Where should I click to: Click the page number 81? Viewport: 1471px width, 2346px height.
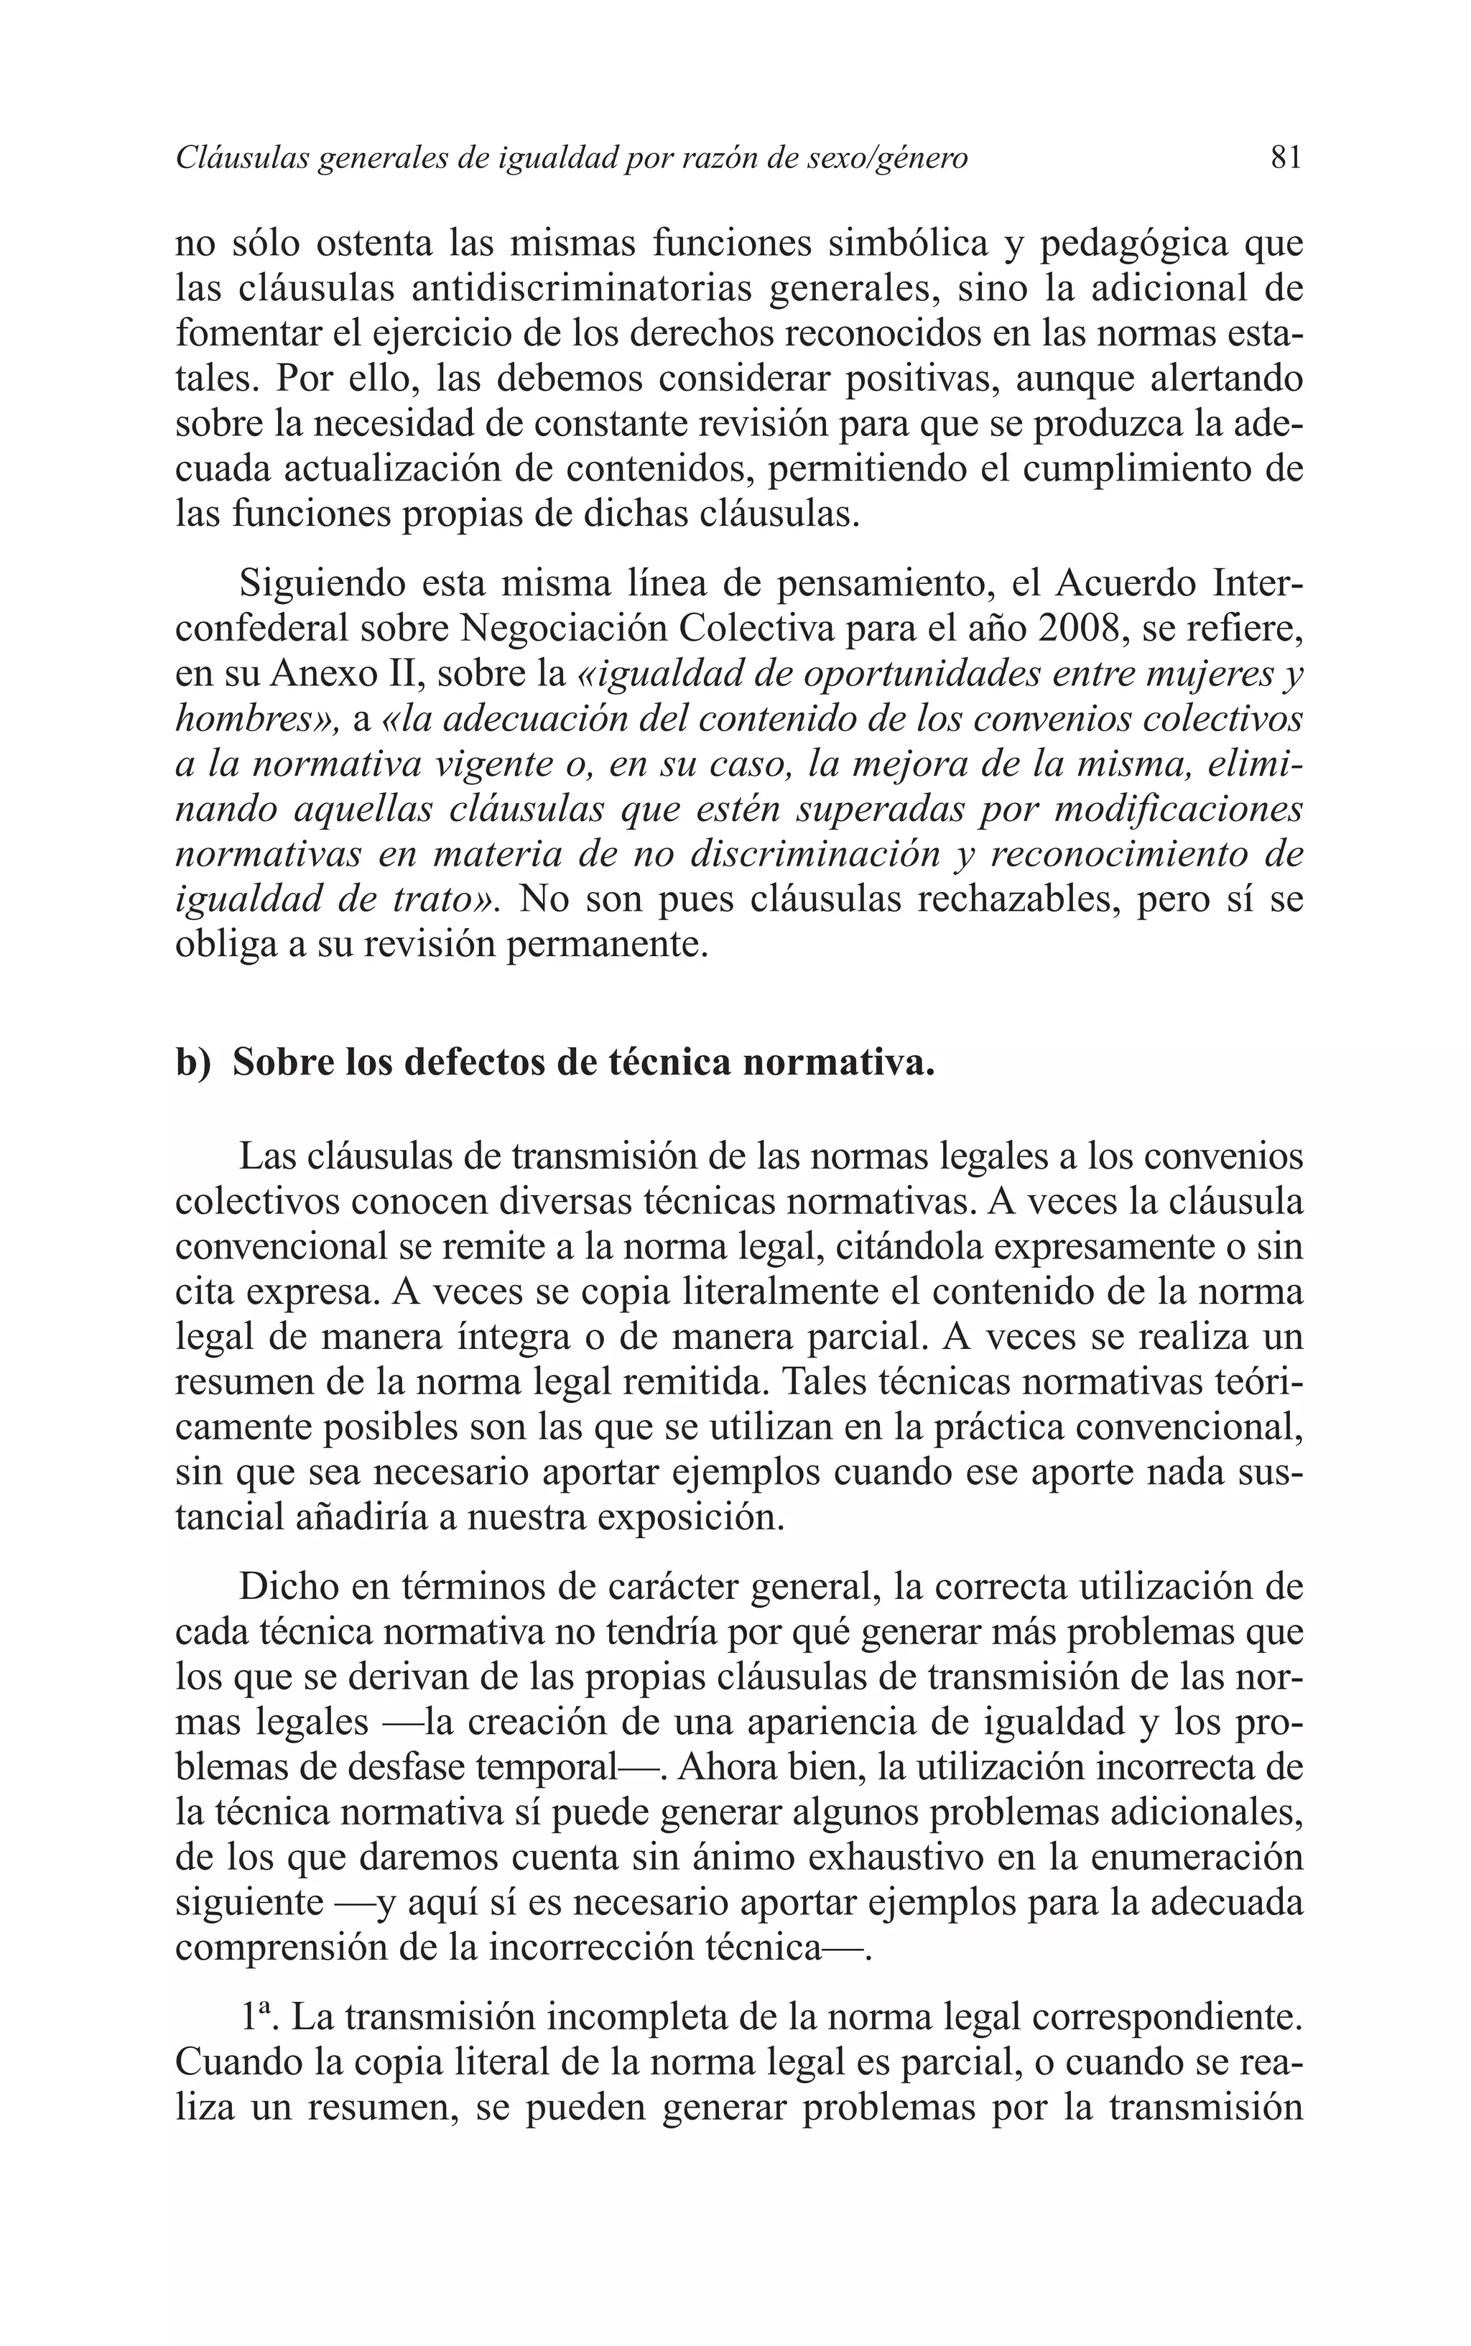[x=1285, y=157]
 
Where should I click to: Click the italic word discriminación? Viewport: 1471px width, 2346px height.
[x=815, y=854]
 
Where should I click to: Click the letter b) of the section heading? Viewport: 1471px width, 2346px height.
[x=192, y=1062]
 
